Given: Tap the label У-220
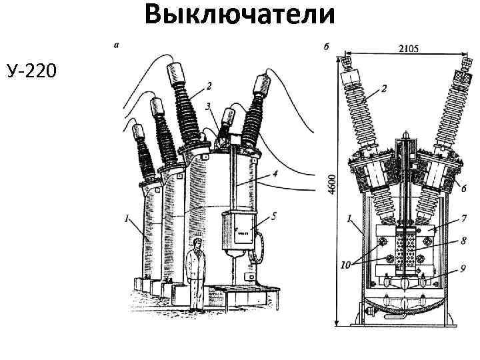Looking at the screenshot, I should [x=31, y=68].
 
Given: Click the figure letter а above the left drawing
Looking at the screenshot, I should [x=117, y=46].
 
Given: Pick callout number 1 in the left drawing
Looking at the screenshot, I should [x=126, y=217].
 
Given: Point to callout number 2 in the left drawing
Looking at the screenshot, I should [x=209, y=85].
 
